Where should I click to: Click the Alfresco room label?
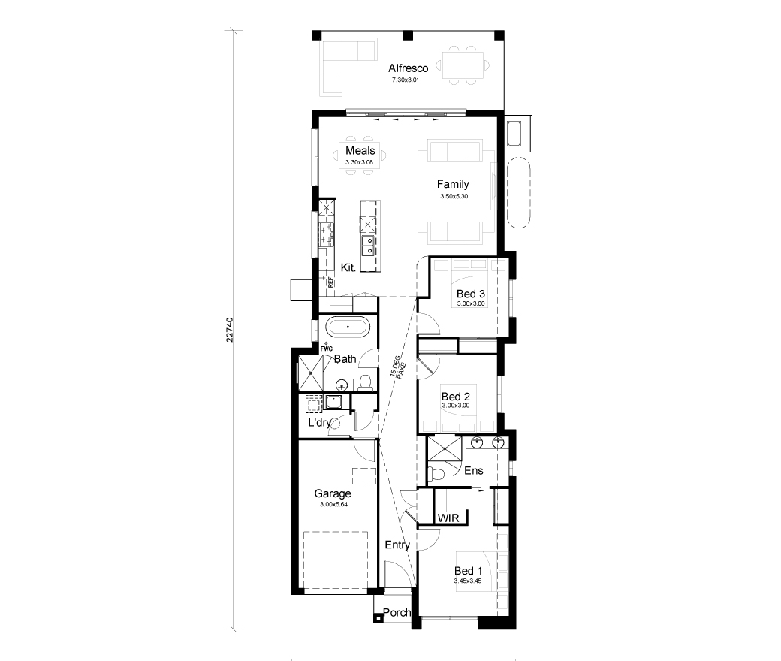(408, 68)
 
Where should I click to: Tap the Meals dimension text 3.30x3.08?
(359, 162)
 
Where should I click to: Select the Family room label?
(453, 184)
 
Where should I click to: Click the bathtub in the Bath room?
(348, 327)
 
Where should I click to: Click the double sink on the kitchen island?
(368, 245)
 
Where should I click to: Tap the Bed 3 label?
(471, 294)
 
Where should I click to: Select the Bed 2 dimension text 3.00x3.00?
(456, 406)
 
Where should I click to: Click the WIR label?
(448, 518)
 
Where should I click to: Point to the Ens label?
(474, 470)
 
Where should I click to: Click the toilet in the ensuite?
(434, 474)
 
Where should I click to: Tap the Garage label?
(333, 493)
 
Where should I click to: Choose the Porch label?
(397, 612)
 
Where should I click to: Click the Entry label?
(397, 545)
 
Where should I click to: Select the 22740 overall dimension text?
(230, 330)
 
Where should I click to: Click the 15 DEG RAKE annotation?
(399, 367)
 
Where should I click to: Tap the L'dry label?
(320, 423)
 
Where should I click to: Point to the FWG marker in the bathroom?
(326, 349)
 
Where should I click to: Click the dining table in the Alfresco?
(463, 65)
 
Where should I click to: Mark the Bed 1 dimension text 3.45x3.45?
(468, 581)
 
